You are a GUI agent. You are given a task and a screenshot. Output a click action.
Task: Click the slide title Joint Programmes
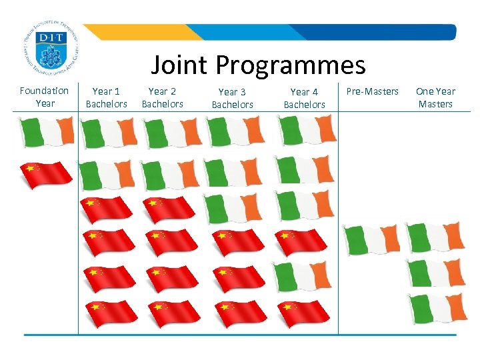coord(258,65)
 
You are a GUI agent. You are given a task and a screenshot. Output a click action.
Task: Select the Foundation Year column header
coord(45,97)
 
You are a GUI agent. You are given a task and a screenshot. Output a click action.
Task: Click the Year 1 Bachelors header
coord(106,97)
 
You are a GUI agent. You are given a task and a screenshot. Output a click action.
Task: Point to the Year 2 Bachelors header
coord(162,97)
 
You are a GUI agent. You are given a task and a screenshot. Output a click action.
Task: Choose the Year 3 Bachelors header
coord(232,98)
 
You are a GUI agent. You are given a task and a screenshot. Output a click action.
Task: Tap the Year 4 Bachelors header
coord(304,98)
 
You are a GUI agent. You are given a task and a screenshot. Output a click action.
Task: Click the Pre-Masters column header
coord(372,91)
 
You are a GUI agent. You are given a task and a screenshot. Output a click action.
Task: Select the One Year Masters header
coord(435,97)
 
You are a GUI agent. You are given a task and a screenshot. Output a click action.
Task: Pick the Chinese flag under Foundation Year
coord(46,175)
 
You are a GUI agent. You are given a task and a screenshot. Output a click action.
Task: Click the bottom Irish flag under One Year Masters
coord(437,309)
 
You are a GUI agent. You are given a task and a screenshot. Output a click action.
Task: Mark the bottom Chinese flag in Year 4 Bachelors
coord(303,313)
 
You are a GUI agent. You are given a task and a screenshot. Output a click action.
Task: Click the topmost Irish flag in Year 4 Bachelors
coord(306,131)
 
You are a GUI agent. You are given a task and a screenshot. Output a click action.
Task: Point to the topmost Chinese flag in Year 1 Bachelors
coord(106,209)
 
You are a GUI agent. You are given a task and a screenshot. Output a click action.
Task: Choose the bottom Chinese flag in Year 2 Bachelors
coord(173,313)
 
